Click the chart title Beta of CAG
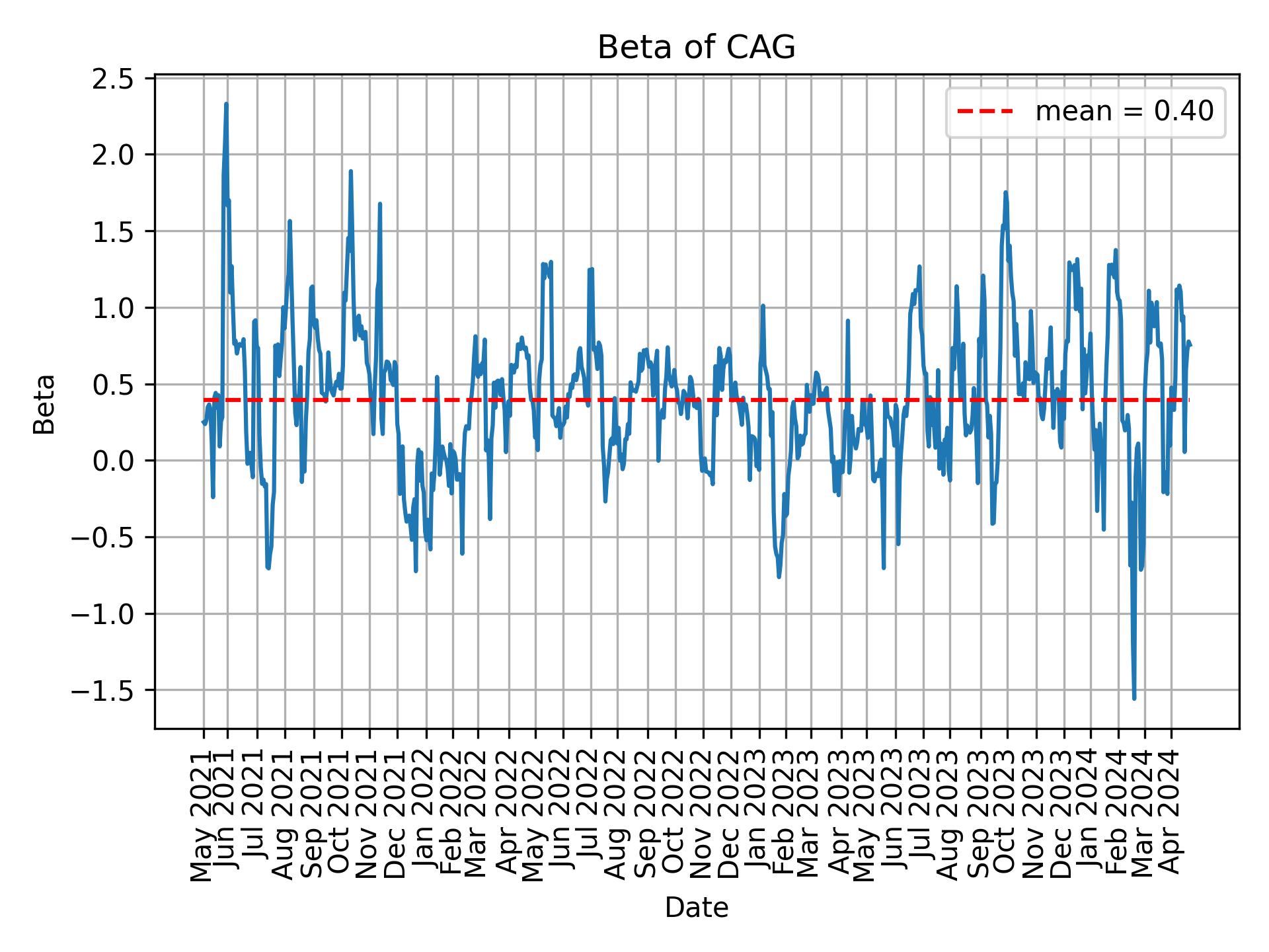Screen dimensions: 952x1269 696,48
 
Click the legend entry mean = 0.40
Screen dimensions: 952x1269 1124,112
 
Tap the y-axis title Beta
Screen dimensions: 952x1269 44,404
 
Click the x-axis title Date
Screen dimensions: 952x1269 696,908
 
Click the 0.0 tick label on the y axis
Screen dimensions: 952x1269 114,461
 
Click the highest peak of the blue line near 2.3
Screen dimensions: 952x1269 226,104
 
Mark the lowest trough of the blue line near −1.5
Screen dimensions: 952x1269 1134,698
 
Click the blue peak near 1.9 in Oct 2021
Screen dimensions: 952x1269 351,171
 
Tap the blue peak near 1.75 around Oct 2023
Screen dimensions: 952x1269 1005,192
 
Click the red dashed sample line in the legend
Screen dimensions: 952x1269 985,112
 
